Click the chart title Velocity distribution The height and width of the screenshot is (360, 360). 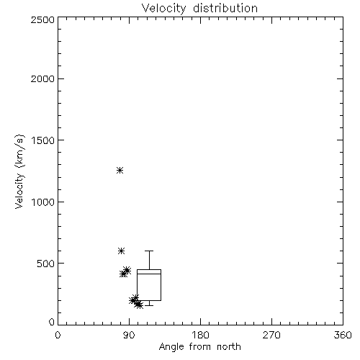pos(199,8)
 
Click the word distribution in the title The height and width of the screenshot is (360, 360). pos(225,8)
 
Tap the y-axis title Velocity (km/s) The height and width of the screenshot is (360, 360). pos(19,171)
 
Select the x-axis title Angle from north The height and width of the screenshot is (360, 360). pos(199,347)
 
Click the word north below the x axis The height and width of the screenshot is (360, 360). pos(229,347)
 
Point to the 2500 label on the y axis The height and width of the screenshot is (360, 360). pos(42,19)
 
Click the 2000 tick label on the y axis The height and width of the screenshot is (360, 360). pos(42,78)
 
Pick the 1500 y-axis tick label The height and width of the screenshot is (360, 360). pos(43,140)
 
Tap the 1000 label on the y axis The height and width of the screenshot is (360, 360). pos(43,202)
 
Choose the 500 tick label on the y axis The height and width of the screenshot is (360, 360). pos(46,264)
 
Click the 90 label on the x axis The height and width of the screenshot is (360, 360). pos(130,335)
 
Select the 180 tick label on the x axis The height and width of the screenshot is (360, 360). pos(200,335)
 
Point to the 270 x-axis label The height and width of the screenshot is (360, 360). pos(271,335)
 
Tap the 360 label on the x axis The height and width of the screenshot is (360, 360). pos(343,335)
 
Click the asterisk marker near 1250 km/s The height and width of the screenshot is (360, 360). pos(120,171)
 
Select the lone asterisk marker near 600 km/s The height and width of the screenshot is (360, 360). pos(121,251)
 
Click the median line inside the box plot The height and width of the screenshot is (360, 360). pos(149,274)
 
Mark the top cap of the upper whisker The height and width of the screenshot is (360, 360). pos(149,251)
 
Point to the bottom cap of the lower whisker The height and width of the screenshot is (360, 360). pos(149,305)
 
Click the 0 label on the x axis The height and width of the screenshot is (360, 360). pos(58,335)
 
